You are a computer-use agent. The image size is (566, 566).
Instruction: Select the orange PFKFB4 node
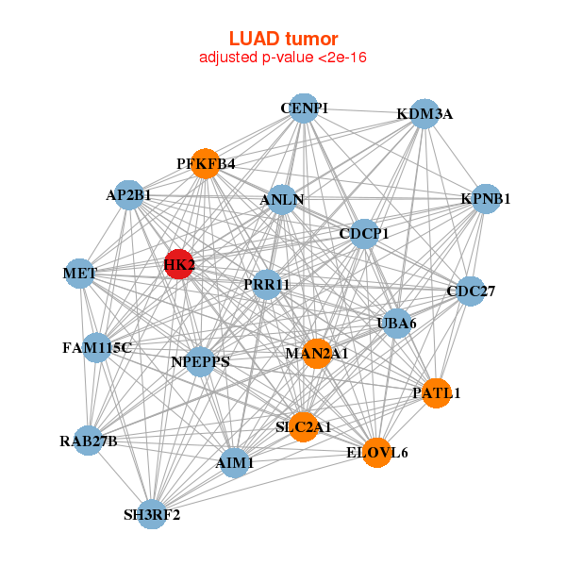coord(205,163)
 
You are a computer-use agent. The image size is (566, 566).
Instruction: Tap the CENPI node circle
coord(303,108)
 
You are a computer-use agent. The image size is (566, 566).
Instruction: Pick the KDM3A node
coord(424,113)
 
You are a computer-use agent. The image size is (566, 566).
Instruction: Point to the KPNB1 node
coord(485,198)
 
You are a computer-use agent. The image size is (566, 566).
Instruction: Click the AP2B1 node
coord(129,195)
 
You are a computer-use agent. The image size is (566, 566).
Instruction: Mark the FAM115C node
coord(96,347)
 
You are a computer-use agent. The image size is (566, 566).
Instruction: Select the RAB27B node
coord(88,441)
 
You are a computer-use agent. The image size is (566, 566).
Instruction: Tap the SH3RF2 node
coord(152,514)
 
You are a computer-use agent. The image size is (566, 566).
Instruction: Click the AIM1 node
coord(234,463)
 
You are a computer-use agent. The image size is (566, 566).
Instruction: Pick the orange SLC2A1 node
coord(303,426)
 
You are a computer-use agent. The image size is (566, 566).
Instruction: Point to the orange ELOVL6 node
coord(377,453)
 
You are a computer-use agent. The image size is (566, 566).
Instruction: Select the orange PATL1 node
coord(436,392)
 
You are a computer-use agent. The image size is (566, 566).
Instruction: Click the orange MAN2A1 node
coord(317,353)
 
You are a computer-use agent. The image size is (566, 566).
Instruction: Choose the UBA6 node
coord(397,323)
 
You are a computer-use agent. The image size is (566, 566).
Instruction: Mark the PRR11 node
coord(266,284)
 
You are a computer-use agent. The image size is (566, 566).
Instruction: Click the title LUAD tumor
coord(283,39)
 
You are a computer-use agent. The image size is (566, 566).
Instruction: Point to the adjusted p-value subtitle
coord(283,58)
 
